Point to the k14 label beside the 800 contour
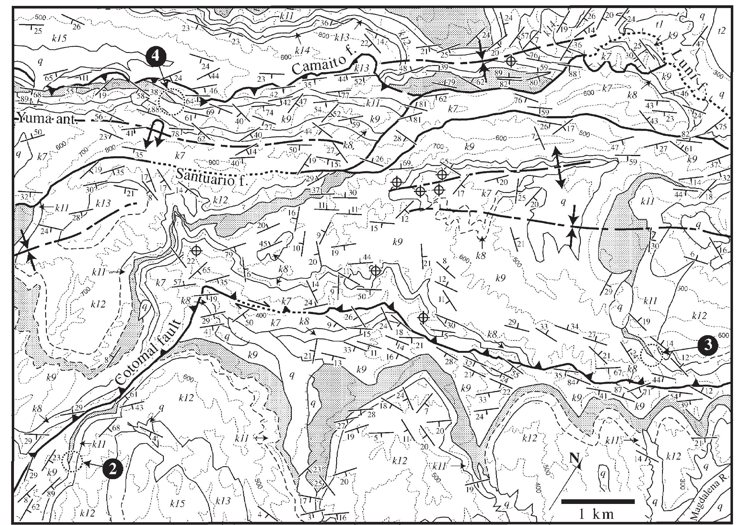point(302,50)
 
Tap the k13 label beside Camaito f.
point(362,68)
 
